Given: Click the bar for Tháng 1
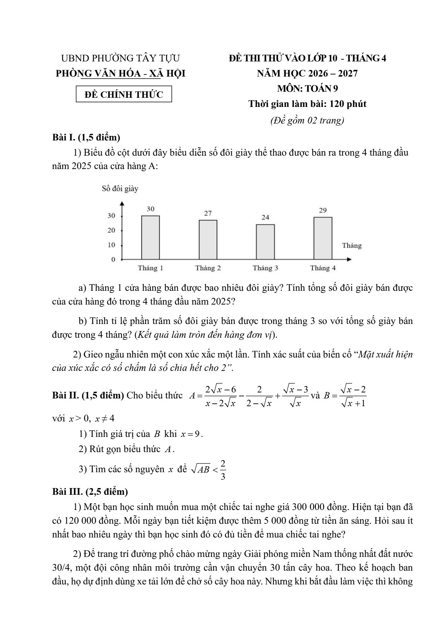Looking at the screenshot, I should coord(150,238).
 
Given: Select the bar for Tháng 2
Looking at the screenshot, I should coord(208,240).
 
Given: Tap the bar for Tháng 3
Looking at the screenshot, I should coord(265,242).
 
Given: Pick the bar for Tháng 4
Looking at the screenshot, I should coord(323,238).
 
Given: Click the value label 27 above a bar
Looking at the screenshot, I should coord(208,213).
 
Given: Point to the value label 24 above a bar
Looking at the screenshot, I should coord(265,217).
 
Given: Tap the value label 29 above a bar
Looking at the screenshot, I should coord(323,210).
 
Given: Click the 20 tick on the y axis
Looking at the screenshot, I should coord(112,230).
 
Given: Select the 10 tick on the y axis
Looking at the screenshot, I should coord(112,245).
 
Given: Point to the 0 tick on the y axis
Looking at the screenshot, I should coord(113,259).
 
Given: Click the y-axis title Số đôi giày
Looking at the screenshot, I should coord(120,189).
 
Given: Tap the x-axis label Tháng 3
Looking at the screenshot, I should coord(265,268).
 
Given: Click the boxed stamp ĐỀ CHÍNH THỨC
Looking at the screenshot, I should coord(124,94).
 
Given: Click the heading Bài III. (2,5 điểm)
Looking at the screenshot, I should coord(90,491).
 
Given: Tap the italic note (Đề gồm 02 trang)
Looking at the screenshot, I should coord(307,120).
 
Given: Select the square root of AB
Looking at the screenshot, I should coord(200,469).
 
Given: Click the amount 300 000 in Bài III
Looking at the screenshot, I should coord(310,507).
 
